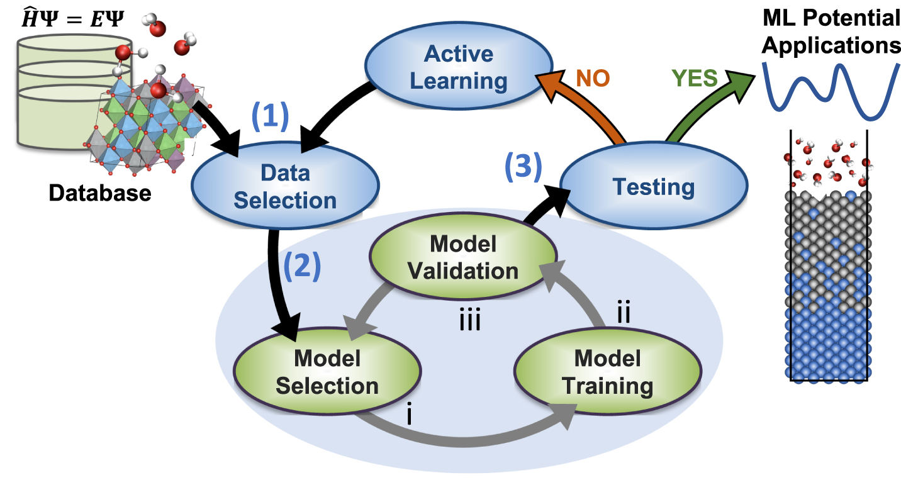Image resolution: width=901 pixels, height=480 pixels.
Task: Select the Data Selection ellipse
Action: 286,186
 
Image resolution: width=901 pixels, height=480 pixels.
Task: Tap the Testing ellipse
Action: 654,186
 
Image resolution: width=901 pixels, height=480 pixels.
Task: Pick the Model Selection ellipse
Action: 327,372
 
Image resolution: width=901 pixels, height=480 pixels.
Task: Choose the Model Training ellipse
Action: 607,372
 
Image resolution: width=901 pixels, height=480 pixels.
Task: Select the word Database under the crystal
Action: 100,193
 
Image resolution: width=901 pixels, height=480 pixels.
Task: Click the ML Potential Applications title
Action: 831,31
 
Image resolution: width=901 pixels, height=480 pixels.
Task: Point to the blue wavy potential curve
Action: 831,91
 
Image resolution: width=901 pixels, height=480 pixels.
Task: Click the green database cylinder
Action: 50,94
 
